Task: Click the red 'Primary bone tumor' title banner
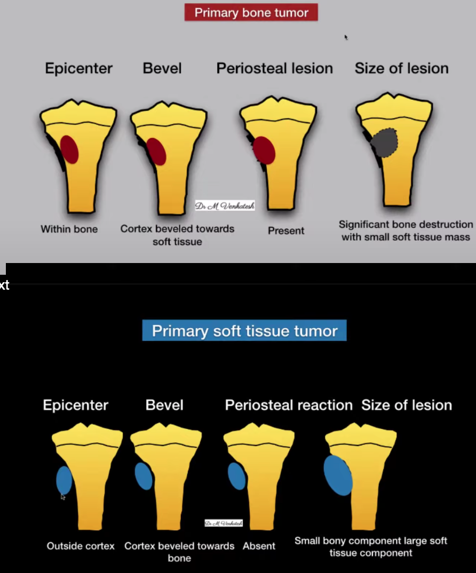click(251, 12)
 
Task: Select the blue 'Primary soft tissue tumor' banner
click(244, 331)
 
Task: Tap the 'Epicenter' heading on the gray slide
click(79, 68)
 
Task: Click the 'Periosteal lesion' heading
click(274, 68)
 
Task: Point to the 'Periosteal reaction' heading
click(289, 405)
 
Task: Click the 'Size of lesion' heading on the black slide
click(407, 405)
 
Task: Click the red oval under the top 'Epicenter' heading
click(69, 149)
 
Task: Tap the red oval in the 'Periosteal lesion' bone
click(264, 150)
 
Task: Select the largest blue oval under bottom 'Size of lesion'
click(338, 475)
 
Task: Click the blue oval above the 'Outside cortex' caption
click(64, 480)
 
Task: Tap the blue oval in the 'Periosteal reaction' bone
click(237, 476)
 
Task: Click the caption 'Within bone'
click(69, 229)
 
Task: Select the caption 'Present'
click(285, 230)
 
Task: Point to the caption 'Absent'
click(259, 546)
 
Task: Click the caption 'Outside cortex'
click(81, 546)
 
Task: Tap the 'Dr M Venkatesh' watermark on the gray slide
click(225, 206)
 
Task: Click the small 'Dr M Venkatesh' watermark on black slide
click(224, 523)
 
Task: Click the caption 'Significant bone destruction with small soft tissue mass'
click(406, 230)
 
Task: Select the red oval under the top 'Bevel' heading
click(156, 152)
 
